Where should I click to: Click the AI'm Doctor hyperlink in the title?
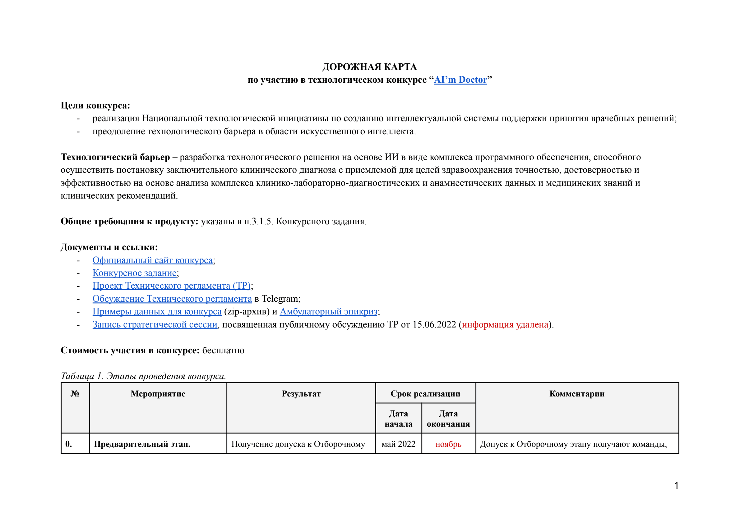pyautogui.click(x=460, y=80)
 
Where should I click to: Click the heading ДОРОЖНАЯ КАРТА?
pyautogui.click(x=370, y=67)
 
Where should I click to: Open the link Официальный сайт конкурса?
pyautogui.click(x=152, y=260)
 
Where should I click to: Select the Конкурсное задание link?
pyautogui.click(x=134, y=273)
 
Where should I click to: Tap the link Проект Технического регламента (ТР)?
pyautogui.click(x=171, y=286)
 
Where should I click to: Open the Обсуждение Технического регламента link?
pyautogui.click(x=172, y=299)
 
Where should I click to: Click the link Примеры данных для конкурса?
pyautogui.click(x=157, y=311)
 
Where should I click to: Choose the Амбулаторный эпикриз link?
pyautogui.click(x=328, y=311)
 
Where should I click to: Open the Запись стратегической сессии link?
pyautogui.click(x=155, y=324)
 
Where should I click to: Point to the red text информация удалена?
pyautogui.click(x=505, y=324)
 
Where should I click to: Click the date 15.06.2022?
pyautogui.click(x=434, y=324)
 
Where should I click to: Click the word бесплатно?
pyautogui.click(x=223, y=350)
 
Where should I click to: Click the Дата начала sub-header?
pyautogui.click(x=398, y=418)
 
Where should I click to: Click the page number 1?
pyautogui.click(x=676, y=485)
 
